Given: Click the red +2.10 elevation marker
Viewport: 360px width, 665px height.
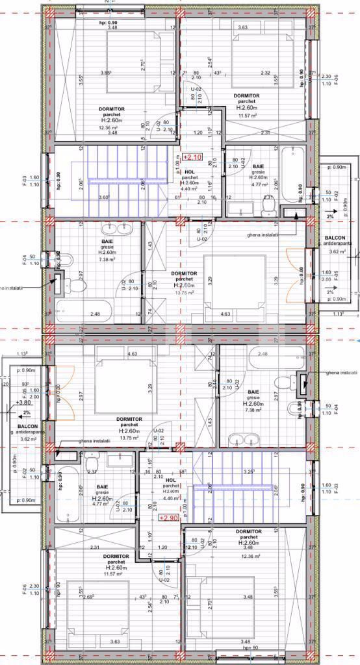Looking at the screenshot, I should point(192,157).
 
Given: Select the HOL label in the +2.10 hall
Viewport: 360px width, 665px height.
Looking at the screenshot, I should point(189,171).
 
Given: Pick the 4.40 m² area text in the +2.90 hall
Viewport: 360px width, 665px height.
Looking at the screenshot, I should point(171,498).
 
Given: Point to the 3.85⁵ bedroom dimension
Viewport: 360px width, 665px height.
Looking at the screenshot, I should point(106,72).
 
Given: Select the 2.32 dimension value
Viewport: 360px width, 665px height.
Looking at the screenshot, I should point(266,73).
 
